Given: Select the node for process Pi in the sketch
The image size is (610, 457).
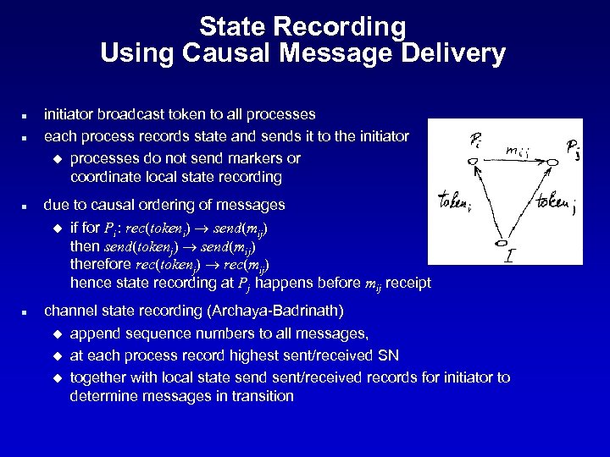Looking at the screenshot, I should pyautogui.click(x=474, y=161).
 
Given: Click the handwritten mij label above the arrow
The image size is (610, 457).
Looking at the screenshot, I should pyautogui.click(x=518, y=150).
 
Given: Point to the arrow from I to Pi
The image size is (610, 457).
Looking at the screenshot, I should pyautogui.click(x=490, y=203).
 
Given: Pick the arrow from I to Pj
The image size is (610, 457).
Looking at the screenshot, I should pyautogui.click(x=530, y=203).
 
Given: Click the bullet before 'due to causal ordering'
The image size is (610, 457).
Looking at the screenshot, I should pyautogui.click(x=27, y=206).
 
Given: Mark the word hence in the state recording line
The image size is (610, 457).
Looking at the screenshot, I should pyautogui.click(x=87, y=283).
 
